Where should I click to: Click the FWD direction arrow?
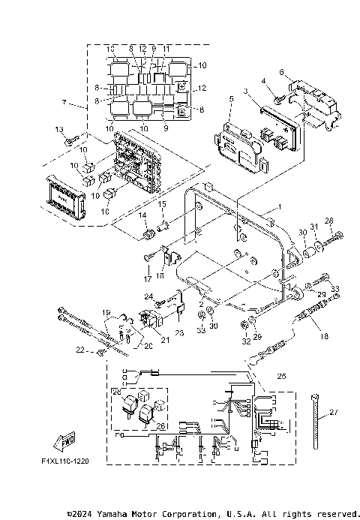(67, 440)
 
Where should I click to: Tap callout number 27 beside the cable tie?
(334, 412)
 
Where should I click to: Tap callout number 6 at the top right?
(282, 72)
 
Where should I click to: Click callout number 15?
(161, 205)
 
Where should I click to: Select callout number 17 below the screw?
(147, 279)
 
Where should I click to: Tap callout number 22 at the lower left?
(81, 349)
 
